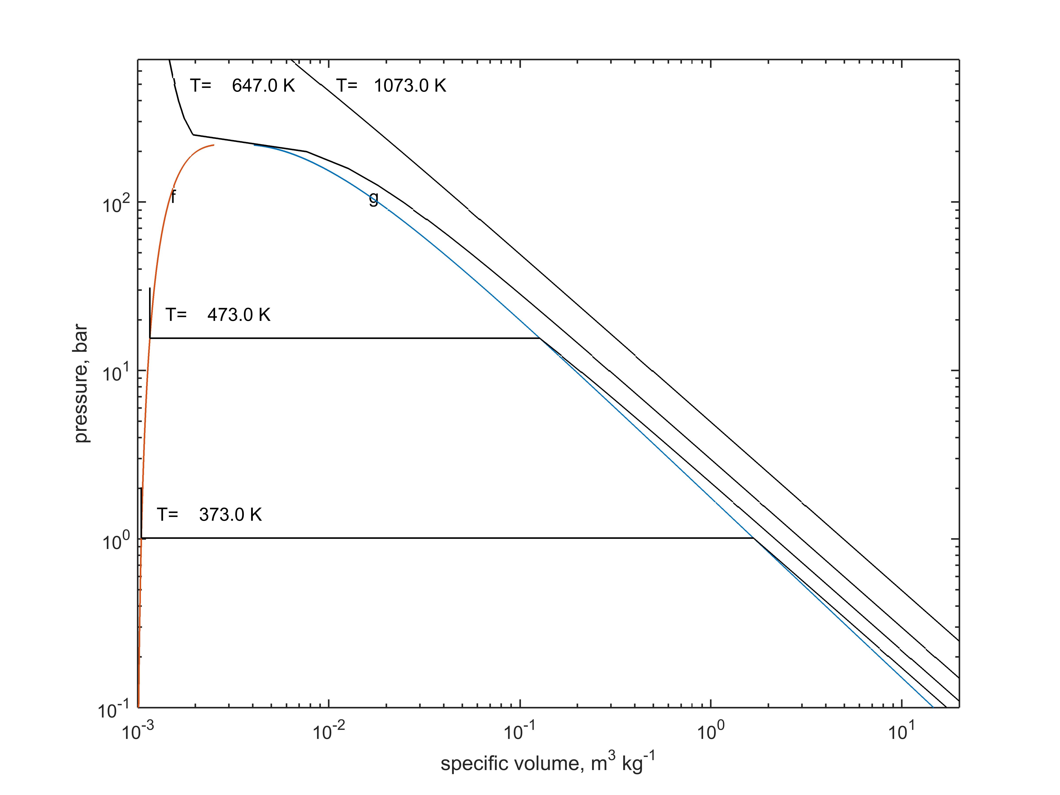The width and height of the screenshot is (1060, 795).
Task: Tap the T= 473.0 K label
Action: (x=218, y=315)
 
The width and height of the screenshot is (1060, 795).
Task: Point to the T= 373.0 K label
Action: (x=209, y=515)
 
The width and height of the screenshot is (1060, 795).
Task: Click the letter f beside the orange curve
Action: (x=174, y=197)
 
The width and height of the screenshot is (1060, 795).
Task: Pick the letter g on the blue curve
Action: (x=373, y=198)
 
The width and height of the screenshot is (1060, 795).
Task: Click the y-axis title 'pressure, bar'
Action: (x=81, y=383)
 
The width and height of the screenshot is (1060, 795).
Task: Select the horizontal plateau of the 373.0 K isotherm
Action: (x=446, y=538)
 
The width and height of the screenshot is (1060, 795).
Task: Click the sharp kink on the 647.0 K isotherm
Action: (x=193, y=135)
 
